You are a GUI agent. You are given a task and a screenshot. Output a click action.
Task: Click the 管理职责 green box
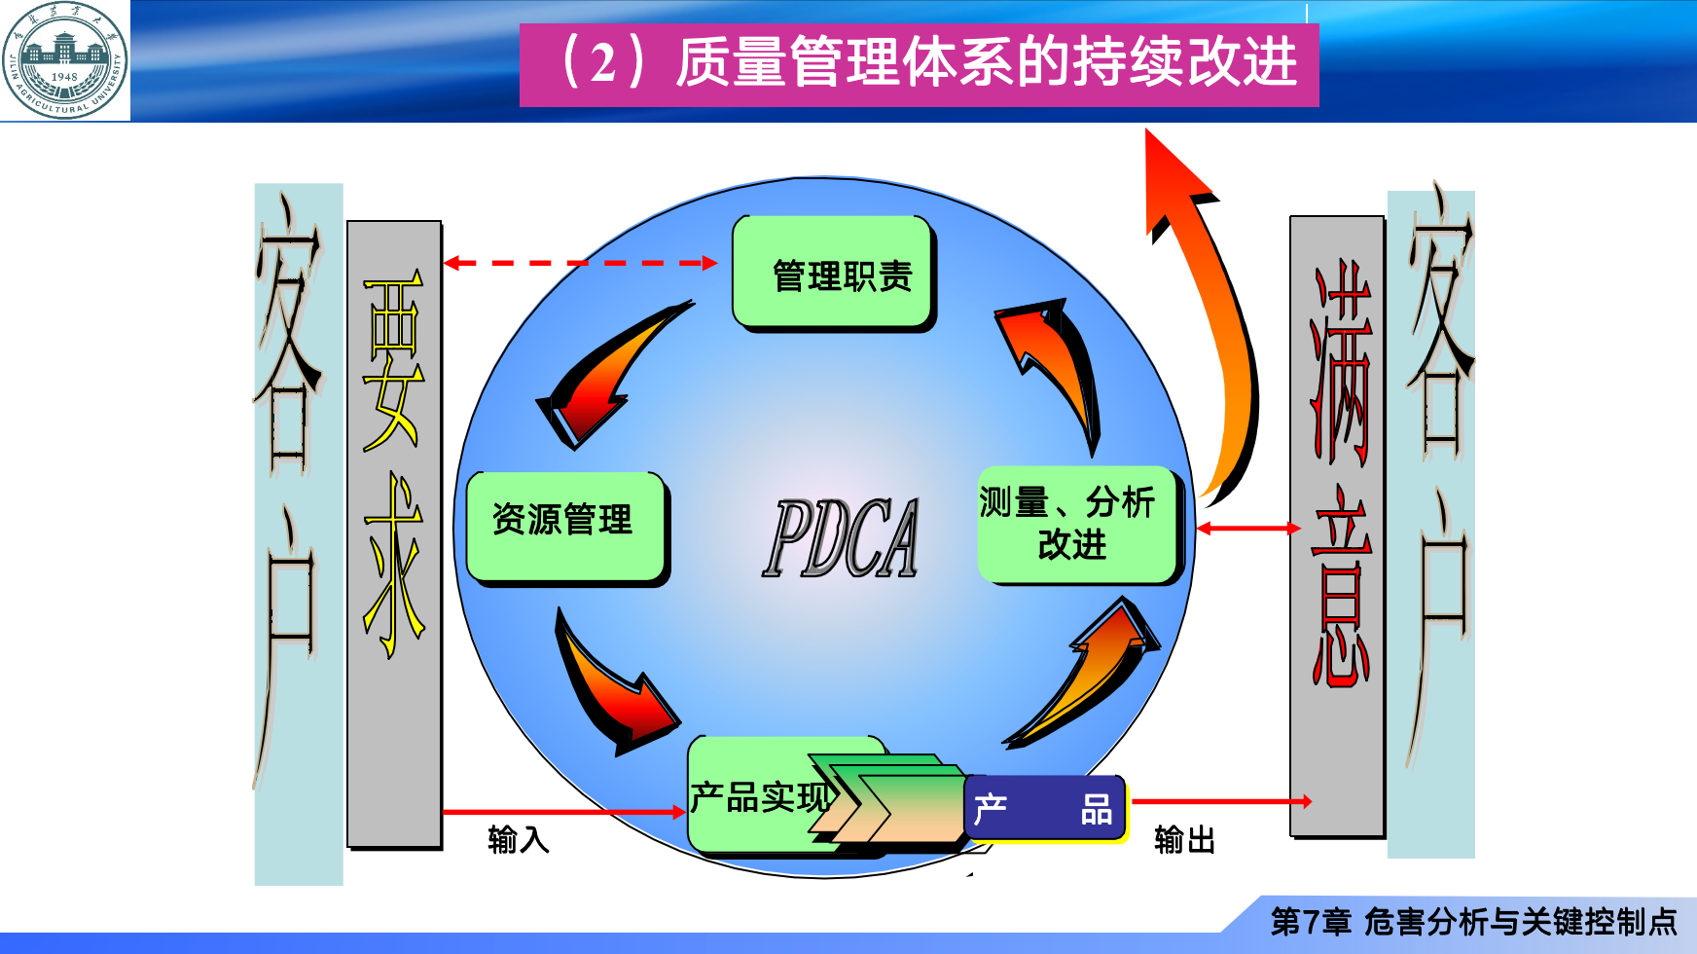(833, 273)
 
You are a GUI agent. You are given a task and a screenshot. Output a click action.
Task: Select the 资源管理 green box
(565, 526)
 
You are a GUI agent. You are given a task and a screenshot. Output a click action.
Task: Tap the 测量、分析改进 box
(1077, 525)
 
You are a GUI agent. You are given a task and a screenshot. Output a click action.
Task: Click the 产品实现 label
(759, 797)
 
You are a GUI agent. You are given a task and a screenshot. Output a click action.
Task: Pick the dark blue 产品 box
(1044, 808)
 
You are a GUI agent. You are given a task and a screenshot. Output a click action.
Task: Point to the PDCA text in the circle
(841, 538)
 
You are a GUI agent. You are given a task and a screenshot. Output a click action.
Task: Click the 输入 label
(518, 838)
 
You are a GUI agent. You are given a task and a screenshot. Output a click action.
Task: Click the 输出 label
(1184, 839)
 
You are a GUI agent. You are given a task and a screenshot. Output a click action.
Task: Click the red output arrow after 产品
(1221, 801)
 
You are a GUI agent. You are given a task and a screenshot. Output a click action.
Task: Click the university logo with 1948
(65, 60)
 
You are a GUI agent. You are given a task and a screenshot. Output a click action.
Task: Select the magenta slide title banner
(919, 64)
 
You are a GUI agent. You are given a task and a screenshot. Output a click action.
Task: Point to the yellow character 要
(393, 360)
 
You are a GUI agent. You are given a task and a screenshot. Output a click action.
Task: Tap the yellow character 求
(393, 565)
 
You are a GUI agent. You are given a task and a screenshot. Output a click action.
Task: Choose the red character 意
(1339, 584)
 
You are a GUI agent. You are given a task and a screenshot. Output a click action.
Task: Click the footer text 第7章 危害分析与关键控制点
(1473, 921)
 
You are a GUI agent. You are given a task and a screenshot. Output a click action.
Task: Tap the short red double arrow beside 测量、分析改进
(1247, 528)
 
